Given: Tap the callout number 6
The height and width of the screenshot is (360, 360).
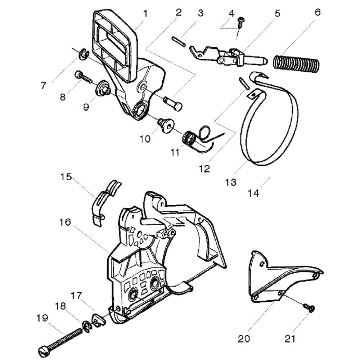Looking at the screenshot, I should coord(317,13).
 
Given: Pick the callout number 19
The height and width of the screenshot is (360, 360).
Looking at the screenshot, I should coord(42,318).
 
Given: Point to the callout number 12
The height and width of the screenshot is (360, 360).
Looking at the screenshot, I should coord(204,168).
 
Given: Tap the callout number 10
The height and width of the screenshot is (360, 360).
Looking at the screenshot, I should coord(145,138).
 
